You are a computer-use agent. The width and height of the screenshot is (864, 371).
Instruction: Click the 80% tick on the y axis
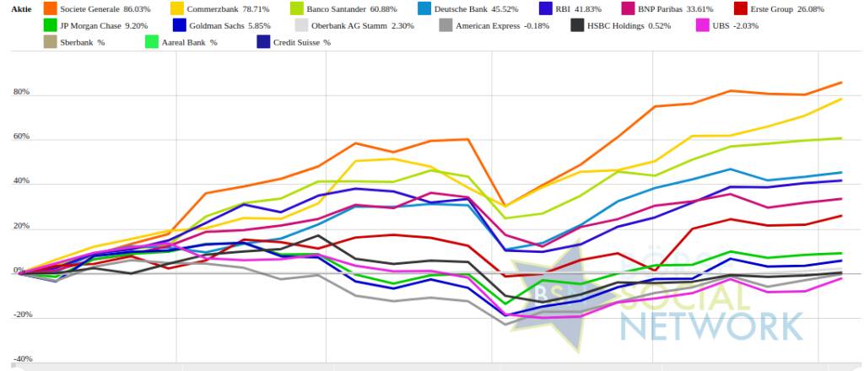click(20, 92)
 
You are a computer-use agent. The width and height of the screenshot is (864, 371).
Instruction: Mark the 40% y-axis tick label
click(20, 181)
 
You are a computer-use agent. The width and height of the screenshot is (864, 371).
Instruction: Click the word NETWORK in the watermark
click(711, 324)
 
